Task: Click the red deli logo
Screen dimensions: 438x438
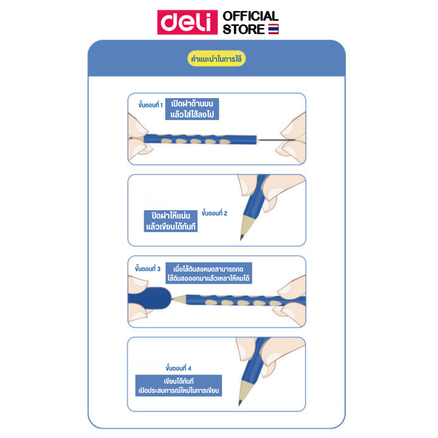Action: pyautogui.click(x=187, y=22)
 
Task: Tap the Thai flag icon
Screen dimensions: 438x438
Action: pyautogui.click(x=273, y=29)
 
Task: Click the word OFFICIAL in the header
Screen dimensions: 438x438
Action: pyautogui.click(x=251, y=16)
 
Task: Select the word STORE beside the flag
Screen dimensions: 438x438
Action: pyautogui.click(x=244, y=29)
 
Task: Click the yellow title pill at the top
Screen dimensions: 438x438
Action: pyautogui.click(x=216, y=59)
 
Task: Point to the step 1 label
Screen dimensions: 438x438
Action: pyautogui.click(x=150, y=105)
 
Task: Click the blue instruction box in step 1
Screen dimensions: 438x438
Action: pyautogui.click(x=192, y=109)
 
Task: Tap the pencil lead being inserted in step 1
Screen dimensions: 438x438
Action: pyautogui.click(x=276, y=140)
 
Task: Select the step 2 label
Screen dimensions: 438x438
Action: pyautogui.click(x=215, y=213)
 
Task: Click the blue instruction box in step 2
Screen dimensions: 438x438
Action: pyautogui.click(x=171, y=221)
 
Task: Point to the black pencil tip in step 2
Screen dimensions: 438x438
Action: pyautogui.click(x=242, y=237)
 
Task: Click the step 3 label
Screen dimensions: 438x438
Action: pyautogui.click(x=148, y=268)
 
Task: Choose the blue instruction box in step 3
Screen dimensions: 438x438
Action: pyautogui.click(x=208, y=273)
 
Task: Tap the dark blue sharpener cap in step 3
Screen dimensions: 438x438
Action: pyautogui.click(x=150, y=298)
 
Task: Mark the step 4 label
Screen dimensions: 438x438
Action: pyautogui.click(x=178, y=368)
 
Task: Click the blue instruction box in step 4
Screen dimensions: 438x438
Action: pyautogui.click(x=179, y=385)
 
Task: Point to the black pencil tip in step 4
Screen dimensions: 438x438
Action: pyautogui.click(x=240, y=403)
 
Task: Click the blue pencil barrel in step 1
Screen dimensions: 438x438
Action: pyautogui.click(x=200, y=139)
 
